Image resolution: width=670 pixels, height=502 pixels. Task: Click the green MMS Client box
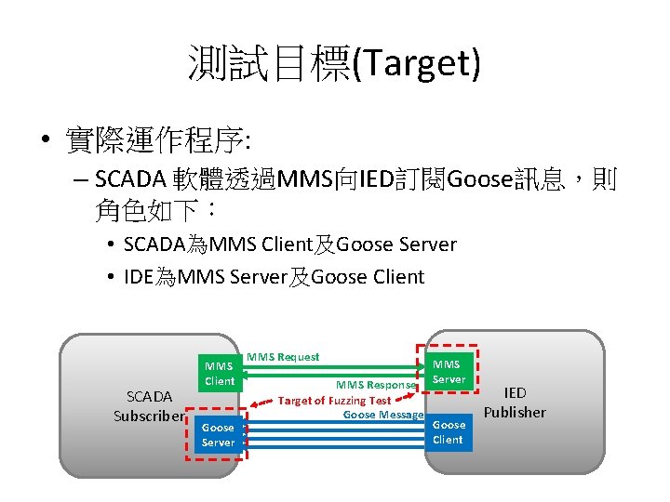click(x=220, y=373)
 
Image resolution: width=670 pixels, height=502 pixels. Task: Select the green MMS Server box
click(x=448, y=371)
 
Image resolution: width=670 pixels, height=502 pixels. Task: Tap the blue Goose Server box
click(x=218, y=435)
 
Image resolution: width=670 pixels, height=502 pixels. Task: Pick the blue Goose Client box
click(x=448, y=432)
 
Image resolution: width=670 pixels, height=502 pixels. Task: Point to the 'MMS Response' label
click(x=376, y=385)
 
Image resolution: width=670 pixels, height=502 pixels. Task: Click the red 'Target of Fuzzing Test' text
click(x=335, y=401)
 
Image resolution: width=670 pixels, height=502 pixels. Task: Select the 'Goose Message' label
click(x=383, y=415)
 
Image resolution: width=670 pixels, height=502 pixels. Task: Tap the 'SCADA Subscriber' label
click(x=149, y=406)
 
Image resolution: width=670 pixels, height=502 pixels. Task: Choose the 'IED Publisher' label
click(x=515, y=403)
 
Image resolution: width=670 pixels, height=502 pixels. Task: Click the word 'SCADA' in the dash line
click(x=130, y=178)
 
